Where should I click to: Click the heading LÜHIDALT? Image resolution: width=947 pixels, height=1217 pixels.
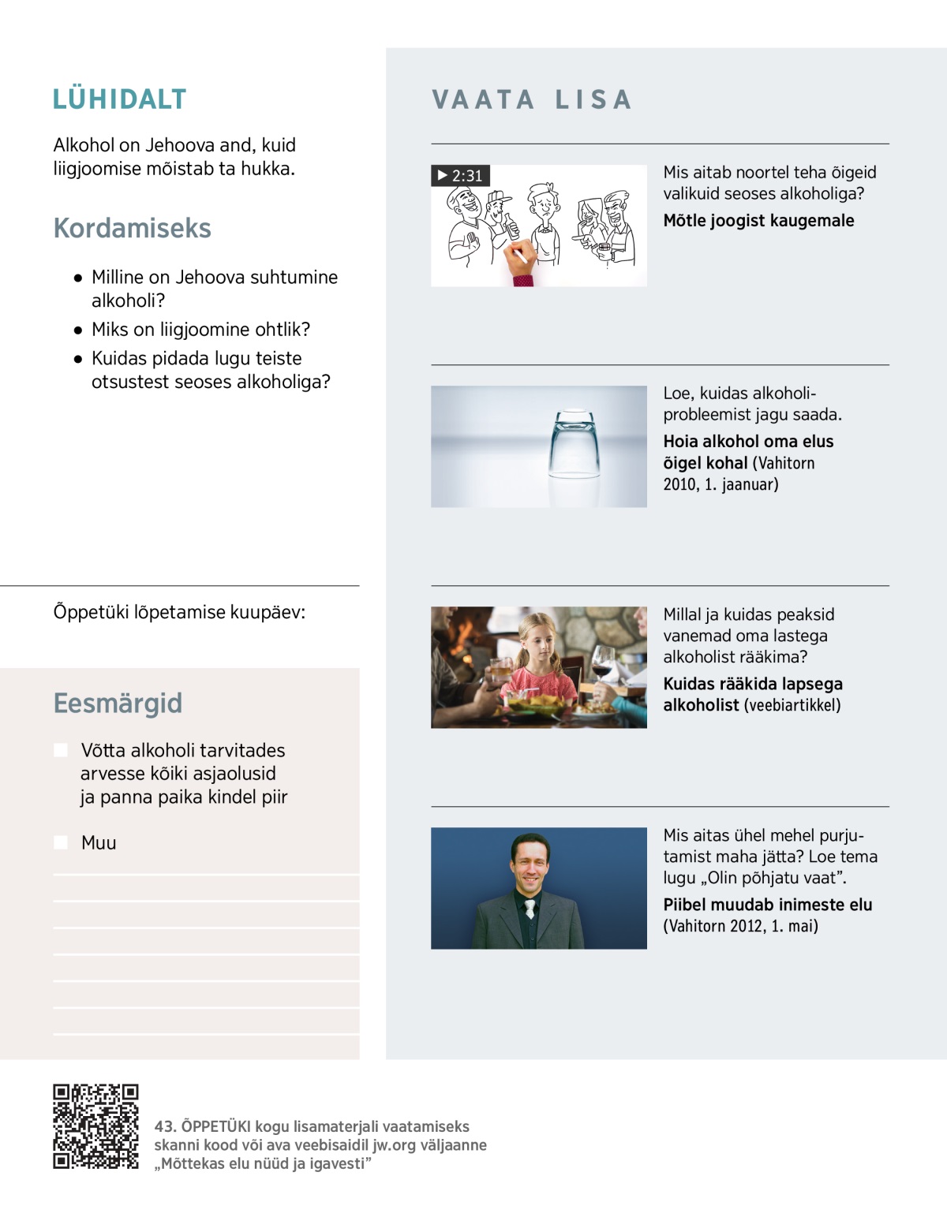point(119,99)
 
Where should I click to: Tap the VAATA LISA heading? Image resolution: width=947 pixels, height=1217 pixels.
point(532,100)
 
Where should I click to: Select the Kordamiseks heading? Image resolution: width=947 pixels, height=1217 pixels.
point(132,228)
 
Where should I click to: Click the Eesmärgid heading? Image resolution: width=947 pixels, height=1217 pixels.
point(118,703)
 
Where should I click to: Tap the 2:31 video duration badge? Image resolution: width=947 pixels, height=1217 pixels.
point(461,175)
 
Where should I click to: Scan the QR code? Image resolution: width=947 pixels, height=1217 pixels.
point(95,1126)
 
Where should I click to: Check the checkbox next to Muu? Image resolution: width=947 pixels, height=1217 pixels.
point(61,842)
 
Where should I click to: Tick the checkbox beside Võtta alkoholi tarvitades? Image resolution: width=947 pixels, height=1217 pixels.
point(61,750)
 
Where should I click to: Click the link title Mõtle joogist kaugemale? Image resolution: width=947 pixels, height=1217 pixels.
point(758,221)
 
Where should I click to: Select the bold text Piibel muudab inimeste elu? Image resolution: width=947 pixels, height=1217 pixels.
point(767,905)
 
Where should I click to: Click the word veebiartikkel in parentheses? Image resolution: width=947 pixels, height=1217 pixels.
point(792,705)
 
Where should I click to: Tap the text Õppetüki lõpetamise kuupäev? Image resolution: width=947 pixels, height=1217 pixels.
point(179,612)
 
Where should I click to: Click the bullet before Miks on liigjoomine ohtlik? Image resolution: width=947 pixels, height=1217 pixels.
point(78,330)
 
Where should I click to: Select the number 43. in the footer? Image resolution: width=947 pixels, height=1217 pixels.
point(165,1126)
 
